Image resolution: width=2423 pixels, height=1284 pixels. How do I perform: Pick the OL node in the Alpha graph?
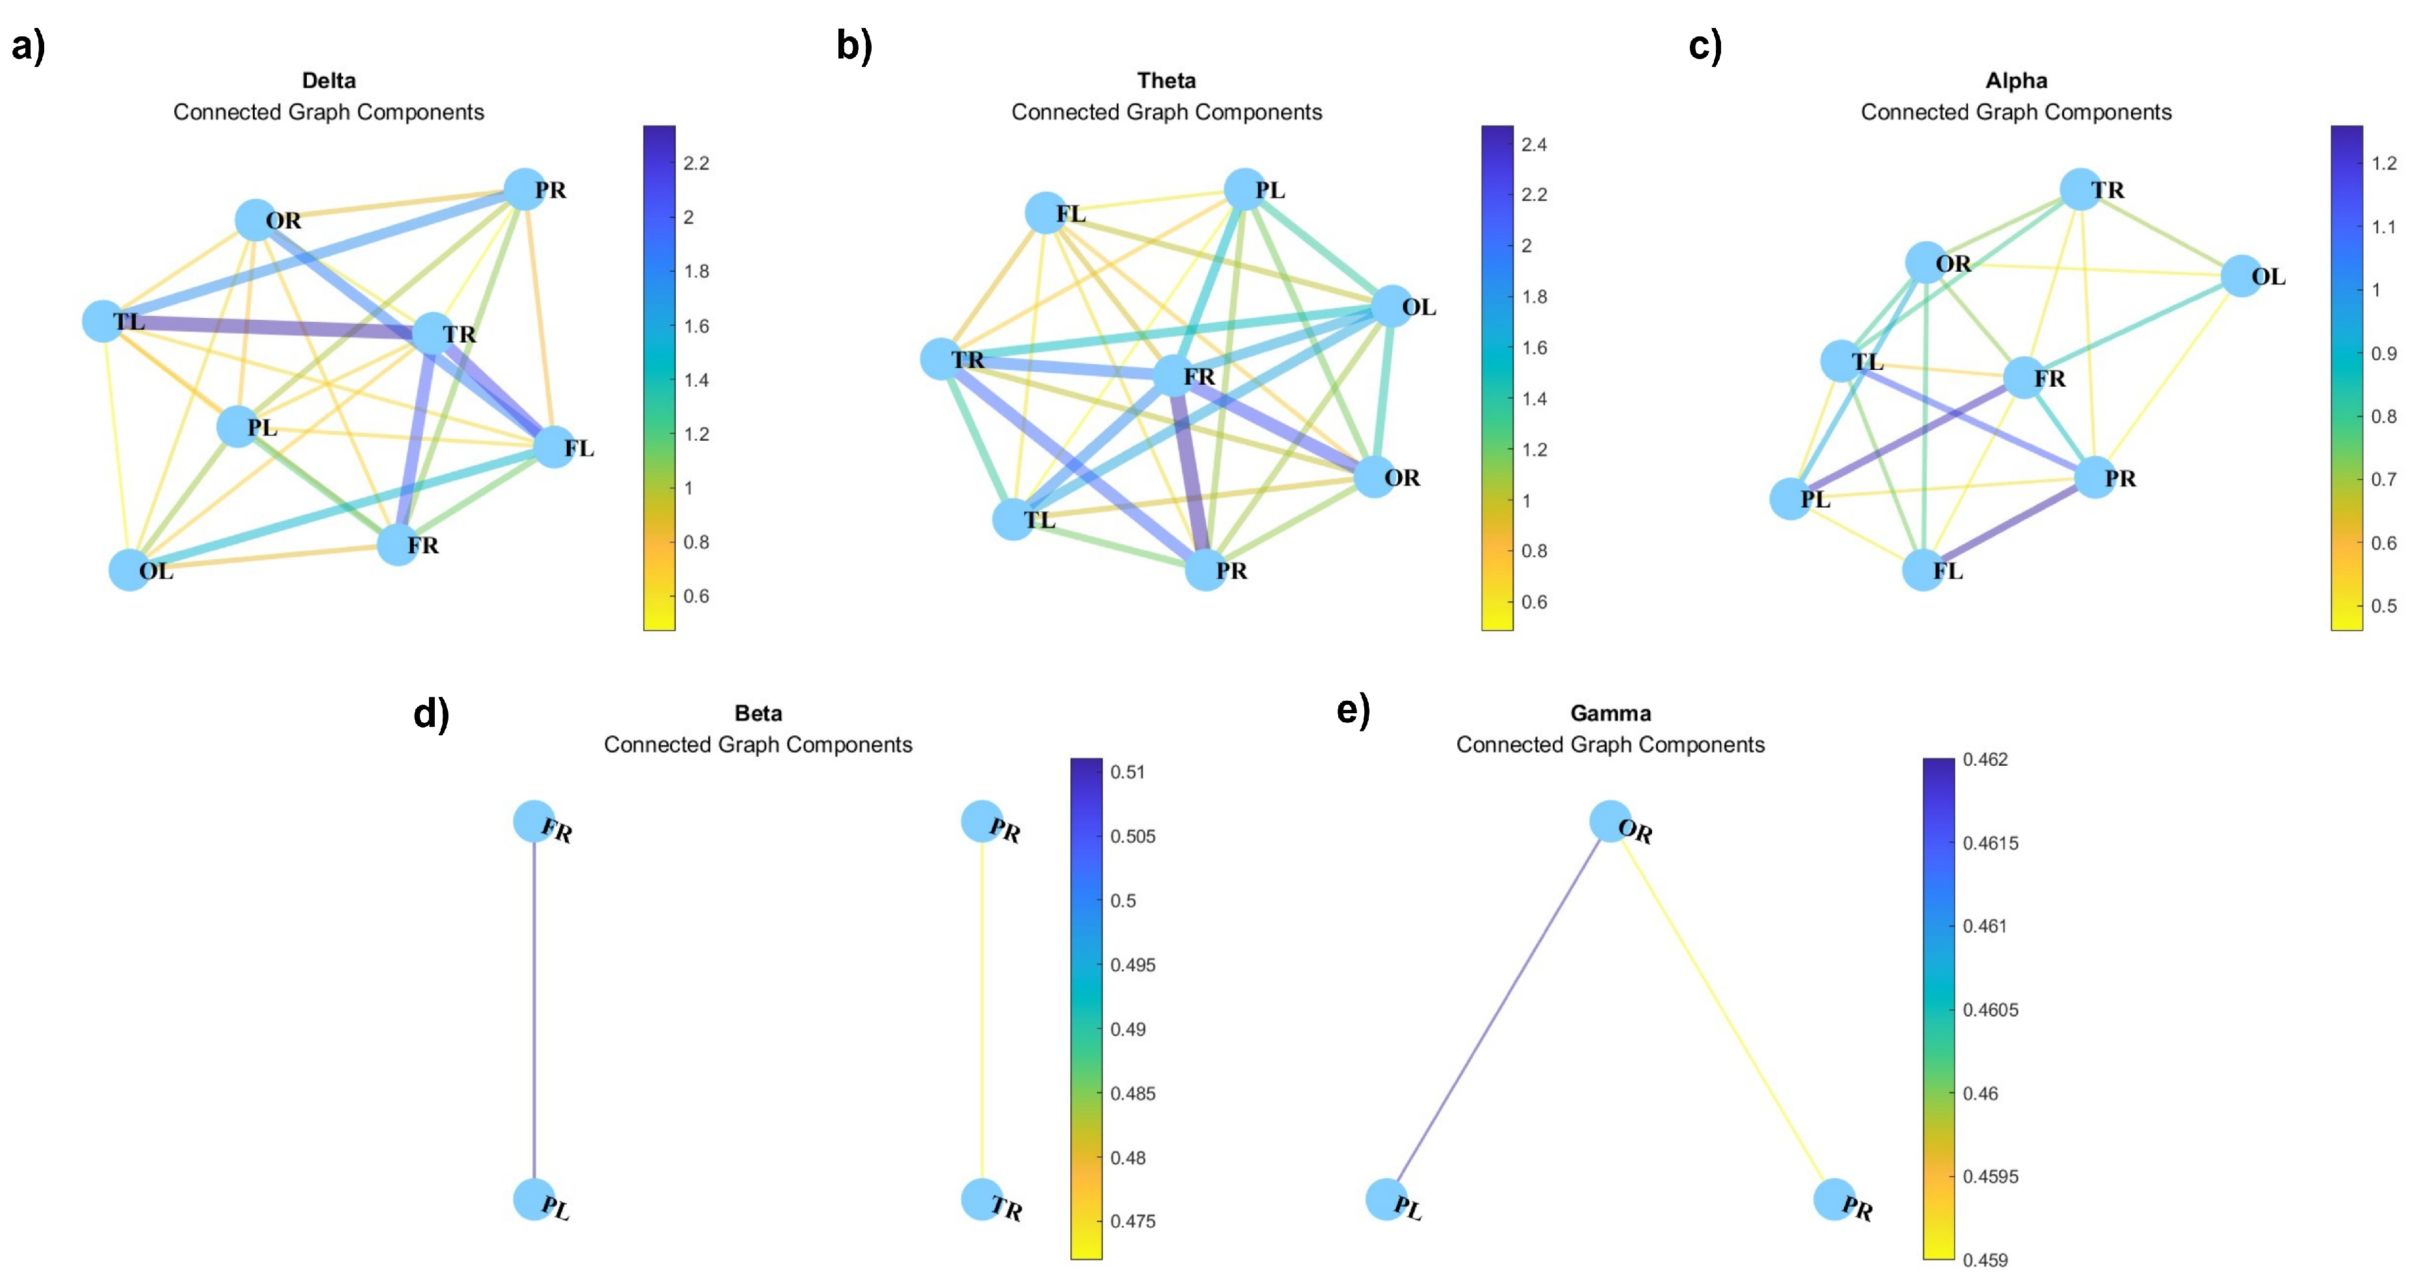pyautogui.click(x=2242, y=276)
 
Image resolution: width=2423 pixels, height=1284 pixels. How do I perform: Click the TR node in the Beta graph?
pyautogui.click(x=981, y=1199)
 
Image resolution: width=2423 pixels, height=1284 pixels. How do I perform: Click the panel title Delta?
pyautogui.click(x=328, y=81)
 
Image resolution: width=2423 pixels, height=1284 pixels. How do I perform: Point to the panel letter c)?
pyautogui.click(x=1704, y=45)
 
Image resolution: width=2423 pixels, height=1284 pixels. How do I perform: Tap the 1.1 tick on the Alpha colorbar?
pyautogui.click(x=2383, y=227)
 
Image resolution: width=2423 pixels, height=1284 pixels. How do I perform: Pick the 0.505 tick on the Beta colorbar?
pyautogui.click(x=1132, y=836)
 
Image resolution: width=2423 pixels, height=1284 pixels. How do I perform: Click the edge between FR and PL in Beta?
pyautogui.click(x=534, y=1011)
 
